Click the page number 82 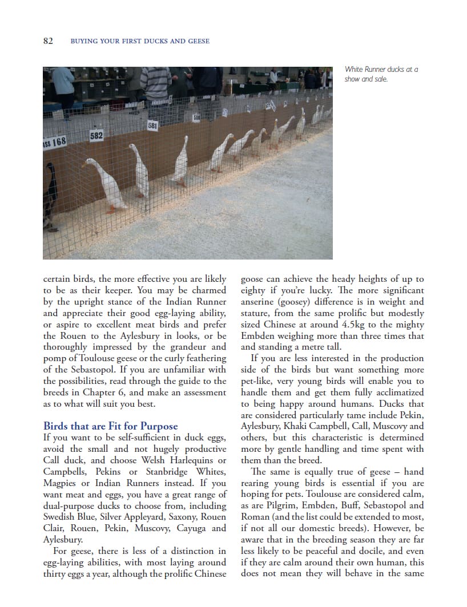point(48,41)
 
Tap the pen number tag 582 point(96,136)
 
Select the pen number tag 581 point(152,125)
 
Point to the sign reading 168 point(55,141)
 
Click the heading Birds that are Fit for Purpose point(110,426)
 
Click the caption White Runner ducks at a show point(381,74)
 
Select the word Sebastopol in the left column point(78,370)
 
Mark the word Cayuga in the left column point(191,528)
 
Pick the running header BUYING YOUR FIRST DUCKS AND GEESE point(139,41)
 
